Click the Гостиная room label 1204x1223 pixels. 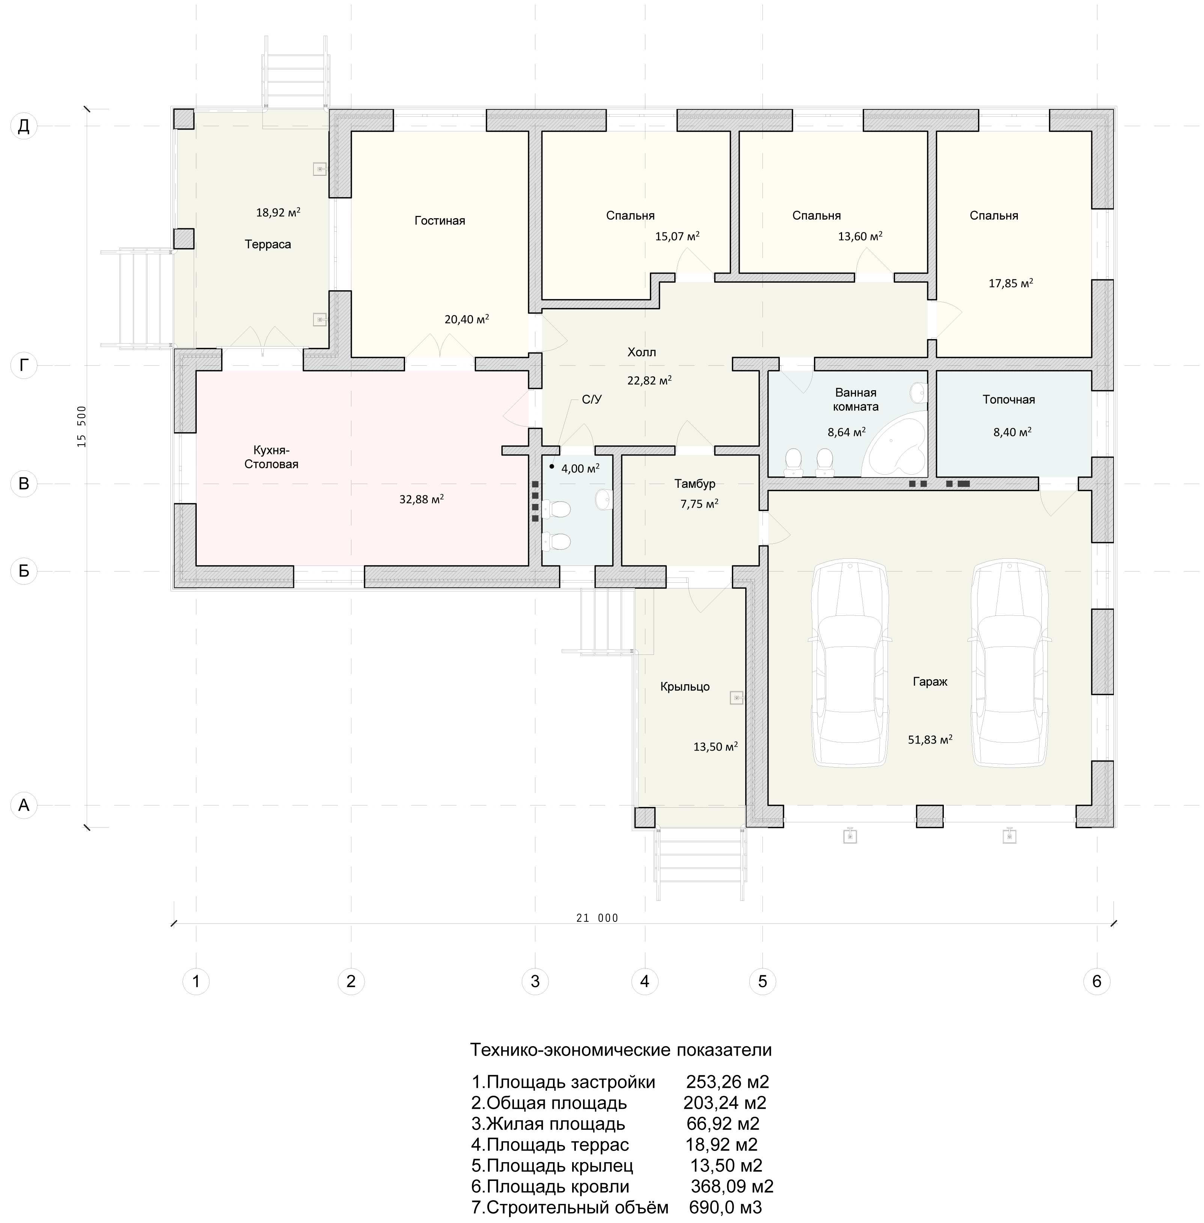tap(440, 221)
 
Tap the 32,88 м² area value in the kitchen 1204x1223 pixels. tap(421, 499)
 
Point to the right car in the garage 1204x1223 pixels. tap(1010, 664)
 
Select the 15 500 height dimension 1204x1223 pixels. tap(82, 427)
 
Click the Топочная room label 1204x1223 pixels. tap(1009, 400)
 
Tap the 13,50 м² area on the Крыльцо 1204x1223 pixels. tap(715, 746)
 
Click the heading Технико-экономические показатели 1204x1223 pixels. tap(621, 1050)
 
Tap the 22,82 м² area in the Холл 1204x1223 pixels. tap(649, 380)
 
